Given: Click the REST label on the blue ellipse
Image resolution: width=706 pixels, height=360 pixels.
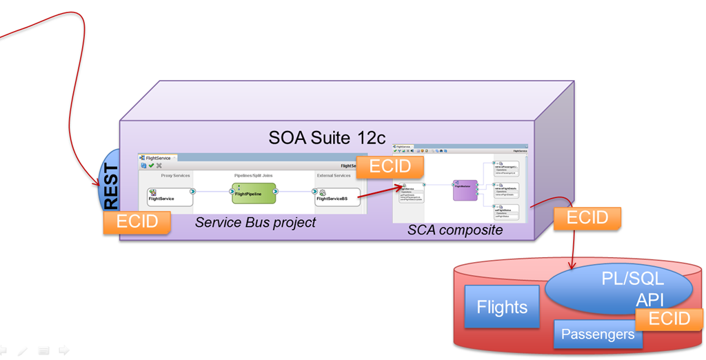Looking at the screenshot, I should coord(110,186).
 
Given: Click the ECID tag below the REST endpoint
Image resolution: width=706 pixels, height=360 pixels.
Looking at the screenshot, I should coord(137,221).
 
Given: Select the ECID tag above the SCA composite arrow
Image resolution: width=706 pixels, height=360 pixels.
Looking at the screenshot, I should coord(390,167).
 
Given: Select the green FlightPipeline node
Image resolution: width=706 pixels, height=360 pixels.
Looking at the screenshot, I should coord(253,193).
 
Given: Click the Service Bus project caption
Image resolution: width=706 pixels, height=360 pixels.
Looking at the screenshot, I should coord(256,222).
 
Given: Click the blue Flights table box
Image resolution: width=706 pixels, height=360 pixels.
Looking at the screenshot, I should coord(502,306).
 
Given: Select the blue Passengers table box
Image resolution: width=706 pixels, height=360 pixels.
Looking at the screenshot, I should coord(598,334).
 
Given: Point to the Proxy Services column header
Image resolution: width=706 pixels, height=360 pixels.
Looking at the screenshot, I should coord(175,176).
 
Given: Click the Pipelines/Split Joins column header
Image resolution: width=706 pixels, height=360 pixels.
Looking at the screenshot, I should coord(253,176).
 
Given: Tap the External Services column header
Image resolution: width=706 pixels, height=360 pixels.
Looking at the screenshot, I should coord(333,176).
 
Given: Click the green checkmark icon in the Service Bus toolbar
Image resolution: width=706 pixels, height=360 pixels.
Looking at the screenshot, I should coord(150,166).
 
